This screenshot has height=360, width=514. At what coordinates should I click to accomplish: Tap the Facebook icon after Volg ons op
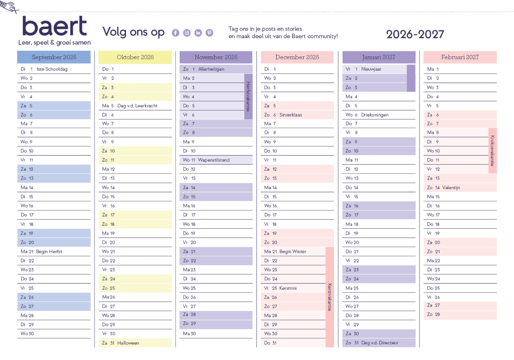click(176, 33)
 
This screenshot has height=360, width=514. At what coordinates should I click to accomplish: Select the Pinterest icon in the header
click(209, 33)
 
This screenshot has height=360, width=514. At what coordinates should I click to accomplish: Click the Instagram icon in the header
click(187, 33)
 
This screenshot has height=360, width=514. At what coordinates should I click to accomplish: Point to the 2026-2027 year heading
click(415, 35)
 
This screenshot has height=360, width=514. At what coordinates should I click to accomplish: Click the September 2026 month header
click(54, 57)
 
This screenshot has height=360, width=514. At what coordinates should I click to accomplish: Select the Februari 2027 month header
click(460, 57)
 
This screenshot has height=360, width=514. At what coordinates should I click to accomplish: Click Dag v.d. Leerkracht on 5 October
click(137, 106)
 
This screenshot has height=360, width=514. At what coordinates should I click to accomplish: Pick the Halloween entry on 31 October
click(128, 343)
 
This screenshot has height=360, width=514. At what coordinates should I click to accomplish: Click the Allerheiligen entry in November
click(211, 69)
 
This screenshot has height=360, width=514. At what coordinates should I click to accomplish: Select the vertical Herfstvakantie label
click(248, 97)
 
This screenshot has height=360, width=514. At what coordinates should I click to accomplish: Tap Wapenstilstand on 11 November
click(213, 160)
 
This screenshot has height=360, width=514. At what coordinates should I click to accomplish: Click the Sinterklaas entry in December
click(290, 115)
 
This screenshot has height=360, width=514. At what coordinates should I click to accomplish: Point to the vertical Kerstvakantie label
click(330, 297)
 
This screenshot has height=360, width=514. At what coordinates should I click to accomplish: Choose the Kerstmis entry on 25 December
click(288, 288)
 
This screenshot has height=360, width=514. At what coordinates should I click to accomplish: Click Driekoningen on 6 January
click(375, 115)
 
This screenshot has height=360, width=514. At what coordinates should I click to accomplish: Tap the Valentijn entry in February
click(451, 188)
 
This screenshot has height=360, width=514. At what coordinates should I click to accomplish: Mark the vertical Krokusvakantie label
click(493, 151)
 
